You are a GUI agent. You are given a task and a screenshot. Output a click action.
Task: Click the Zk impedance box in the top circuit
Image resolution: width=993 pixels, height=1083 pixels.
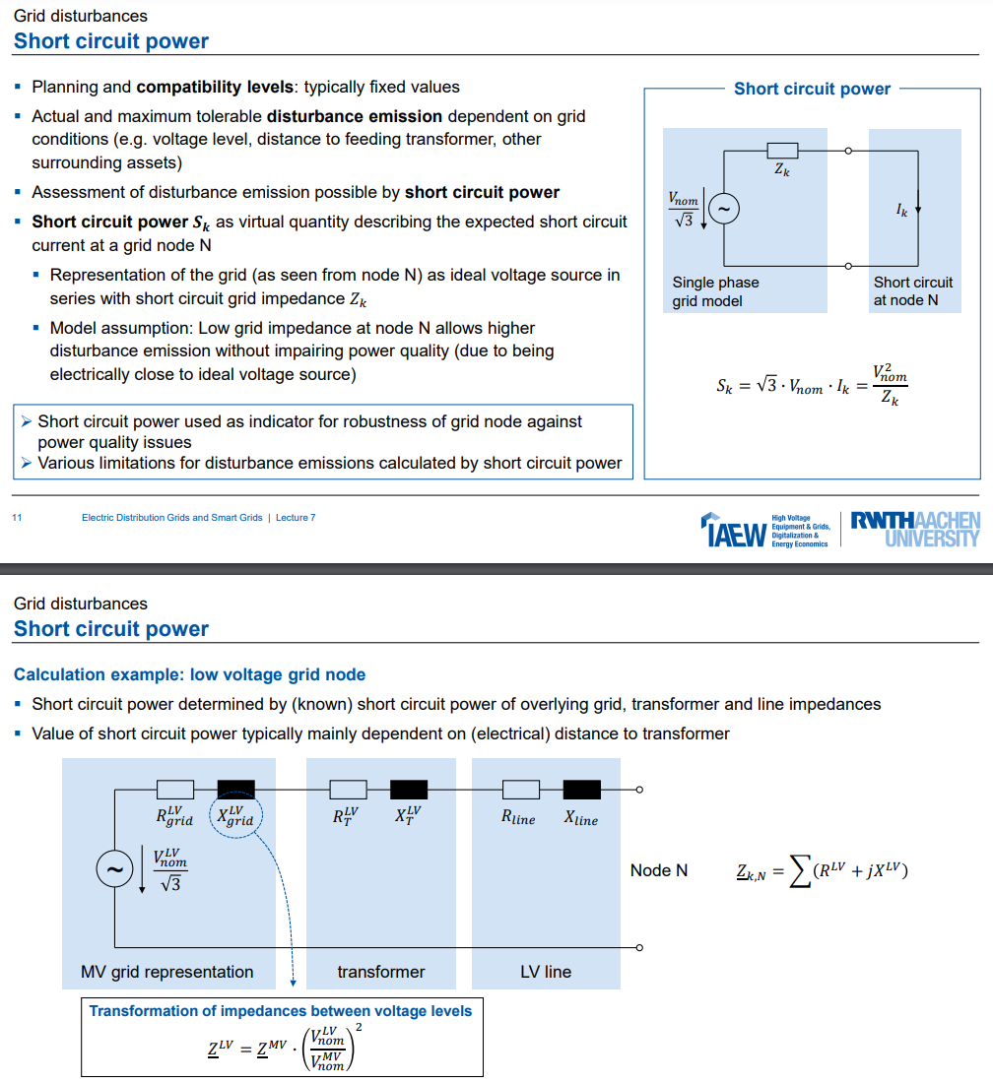(x=782, y=150)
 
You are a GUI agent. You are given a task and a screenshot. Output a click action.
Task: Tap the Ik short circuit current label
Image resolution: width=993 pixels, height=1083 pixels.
(x=902, y=210)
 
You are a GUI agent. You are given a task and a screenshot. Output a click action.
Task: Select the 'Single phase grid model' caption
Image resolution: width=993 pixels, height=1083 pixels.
(x=716, y=291)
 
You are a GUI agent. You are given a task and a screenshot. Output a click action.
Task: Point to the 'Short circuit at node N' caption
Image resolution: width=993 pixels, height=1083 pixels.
(x=913, y=291)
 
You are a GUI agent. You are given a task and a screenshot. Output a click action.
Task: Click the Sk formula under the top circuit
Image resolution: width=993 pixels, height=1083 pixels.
(x=812, y=385)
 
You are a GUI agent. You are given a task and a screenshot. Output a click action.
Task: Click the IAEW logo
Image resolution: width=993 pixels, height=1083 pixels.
(x=735, y=531)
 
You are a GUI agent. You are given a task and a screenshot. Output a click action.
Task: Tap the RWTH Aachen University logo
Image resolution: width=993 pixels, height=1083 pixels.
(x=915, y=529)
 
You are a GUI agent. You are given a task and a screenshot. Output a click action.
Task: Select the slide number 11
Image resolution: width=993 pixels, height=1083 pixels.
(x=17, y=518)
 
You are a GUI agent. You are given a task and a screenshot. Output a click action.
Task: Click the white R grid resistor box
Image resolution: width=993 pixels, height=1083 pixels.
(x=175, y=790)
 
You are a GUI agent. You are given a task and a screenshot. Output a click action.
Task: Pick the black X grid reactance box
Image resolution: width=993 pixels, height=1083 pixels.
(x=235, y=790)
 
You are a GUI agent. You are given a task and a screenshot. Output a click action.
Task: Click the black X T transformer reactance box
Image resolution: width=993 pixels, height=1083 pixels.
(x=409, y=790)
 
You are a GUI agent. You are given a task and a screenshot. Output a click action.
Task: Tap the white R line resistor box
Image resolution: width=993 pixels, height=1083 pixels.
(x=521, y=790)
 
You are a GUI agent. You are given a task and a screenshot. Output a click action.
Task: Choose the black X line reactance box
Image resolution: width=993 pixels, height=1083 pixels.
(x=581, y=790)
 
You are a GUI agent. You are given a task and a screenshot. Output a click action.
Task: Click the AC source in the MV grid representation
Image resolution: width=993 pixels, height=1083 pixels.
(x=114, y=868)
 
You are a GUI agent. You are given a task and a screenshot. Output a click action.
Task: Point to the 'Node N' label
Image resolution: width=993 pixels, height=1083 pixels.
(x=659, y=870)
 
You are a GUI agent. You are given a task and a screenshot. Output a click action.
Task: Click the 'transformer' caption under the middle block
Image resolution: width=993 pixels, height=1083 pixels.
(x=380, y=972)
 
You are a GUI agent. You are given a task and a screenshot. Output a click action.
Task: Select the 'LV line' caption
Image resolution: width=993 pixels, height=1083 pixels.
(x=546, y=972)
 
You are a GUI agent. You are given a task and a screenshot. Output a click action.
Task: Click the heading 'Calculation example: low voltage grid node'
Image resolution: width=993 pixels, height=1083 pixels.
(x=189, y=674)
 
